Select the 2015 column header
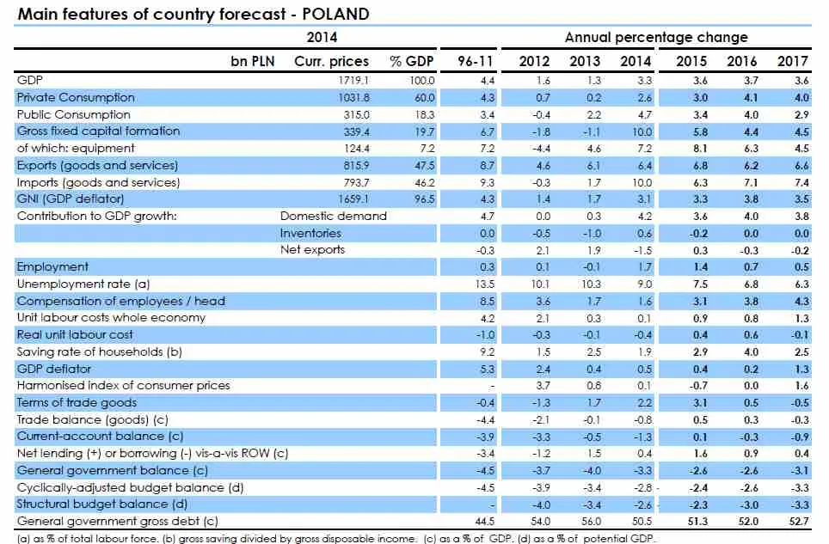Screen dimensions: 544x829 coord(691,61)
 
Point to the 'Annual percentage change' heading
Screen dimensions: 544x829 coord(655,37)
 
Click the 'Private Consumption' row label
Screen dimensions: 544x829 coord(76,97)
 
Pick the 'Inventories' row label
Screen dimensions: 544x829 coord(310,233)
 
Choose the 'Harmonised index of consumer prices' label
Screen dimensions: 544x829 coord(123,385)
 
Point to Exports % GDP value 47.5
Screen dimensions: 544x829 coord(423,165)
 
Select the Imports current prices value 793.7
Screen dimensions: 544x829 coord(354,182)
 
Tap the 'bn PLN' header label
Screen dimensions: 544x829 coord(253,61)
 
